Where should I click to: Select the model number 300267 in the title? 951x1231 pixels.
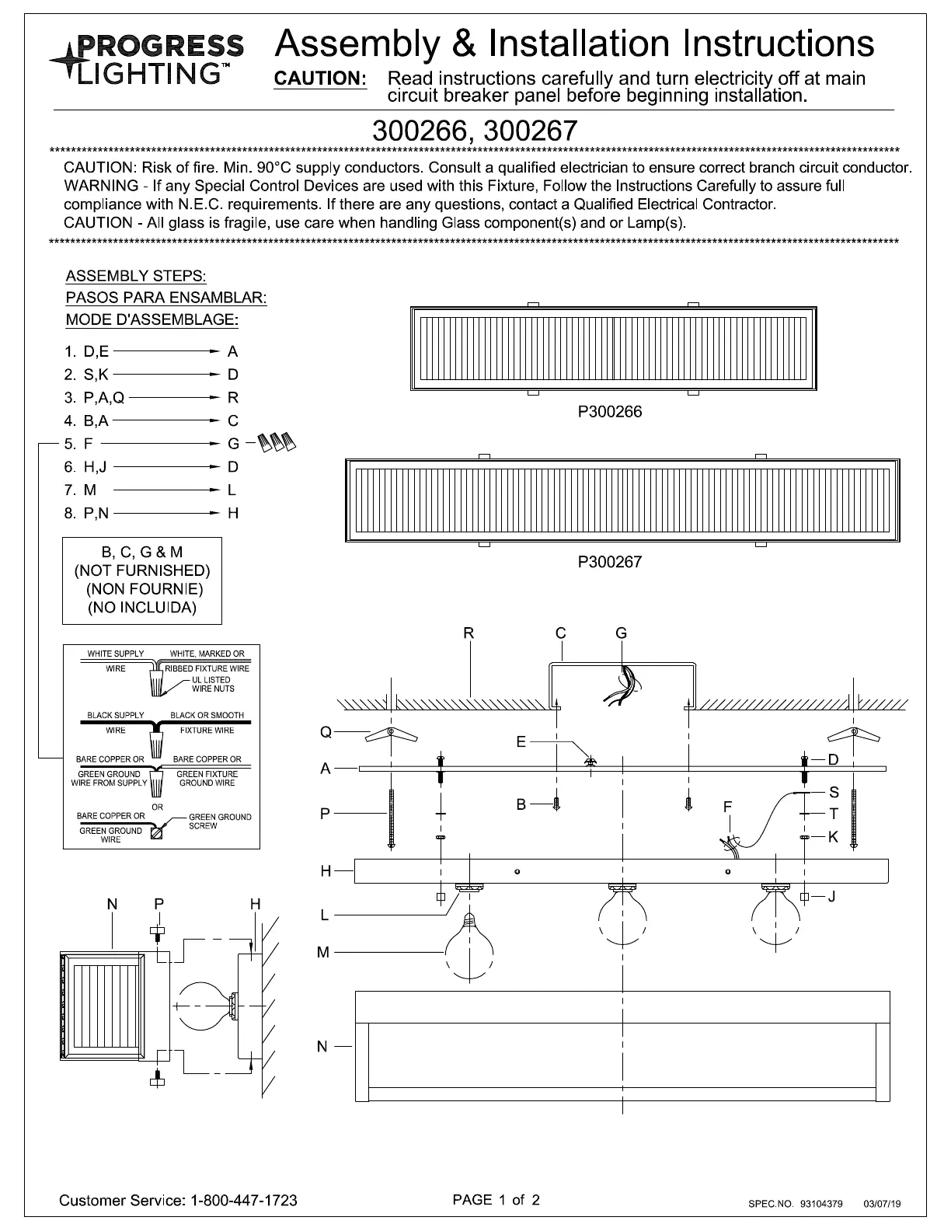529,130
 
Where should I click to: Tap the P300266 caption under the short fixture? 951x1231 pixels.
610,412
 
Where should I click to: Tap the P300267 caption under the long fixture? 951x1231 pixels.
610,562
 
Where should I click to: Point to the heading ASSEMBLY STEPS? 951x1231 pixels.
136,276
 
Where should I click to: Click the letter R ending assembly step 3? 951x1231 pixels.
233,398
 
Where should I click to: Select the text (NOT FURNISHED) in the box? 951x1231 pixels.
142,570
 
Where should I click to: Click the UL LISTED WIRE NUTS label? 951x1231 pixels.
213,684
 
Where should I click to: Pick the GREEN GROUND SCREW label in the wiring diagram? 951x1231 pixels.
220,821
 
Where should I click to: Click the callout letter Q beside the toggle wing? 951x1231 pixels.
326,732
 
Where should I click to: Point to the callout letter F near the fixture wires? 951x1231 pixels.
727,807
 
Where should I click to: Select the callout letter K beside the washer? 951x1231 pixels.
833,837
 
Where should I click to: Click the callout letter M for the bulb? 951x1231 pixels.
325,952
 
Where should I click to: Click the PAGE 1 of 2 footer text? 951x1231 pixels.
496,1199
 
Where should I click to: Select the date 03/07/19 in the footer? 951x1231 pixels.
882,1204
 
